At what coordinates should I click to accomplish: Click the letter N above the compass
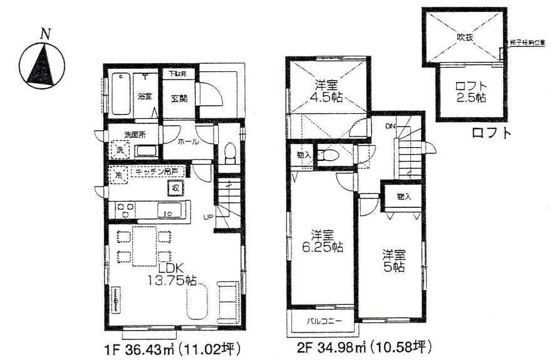pos(44,34)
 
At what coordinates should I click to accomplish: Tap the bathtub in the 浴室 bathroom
pos(122,94)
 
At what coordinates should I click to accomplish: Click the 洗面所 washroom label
pos(133,134)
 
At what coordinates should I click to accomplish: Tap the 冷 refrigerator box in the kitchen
pos(117,175)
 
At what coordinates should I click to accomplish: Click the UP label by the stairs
pos(207,217)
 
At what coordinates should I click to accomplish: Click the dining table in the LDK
pos(143,245)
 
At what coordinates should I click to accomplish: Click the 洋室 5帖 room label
pos(395,260)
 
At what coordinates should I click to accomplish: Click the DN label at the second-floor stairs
pos(390,127)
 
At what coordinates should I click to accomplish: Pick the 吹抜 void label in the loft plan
pos(465,37)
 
